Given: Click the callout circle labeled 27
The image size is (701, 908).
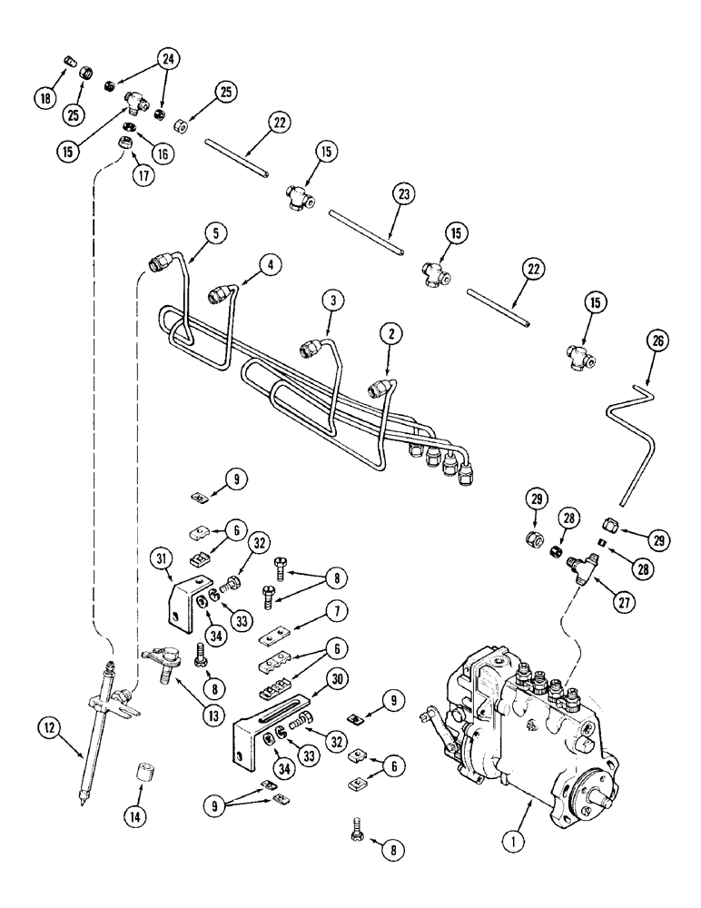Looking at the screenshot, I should pyautogui.click(x=597, y=599).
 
